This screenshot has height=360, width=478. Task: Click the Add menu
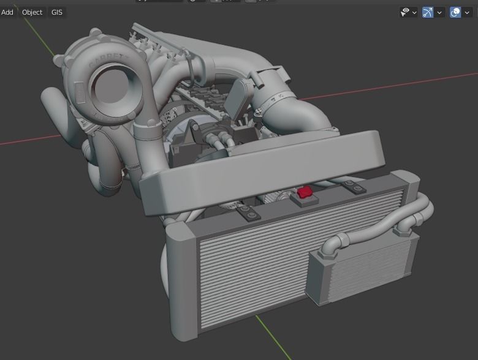7,12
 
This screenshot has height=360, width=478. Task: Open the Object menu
32,12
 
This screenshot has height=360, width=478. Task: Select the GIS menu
57,12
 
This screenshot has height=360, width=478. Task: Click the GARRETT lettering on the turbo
108,61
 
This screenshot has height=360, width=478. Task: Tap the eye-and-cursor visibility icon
405,12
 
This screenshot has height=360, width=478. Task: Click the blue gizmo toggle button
428,12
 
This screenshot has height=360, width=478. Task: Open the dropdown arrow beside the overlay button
468,12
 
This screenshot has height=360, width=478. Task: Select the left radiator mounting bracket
248,212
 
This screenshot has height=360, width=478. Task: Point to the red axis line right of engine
398,83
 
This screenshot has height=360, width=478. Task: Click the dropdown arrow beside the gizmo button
439,12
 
